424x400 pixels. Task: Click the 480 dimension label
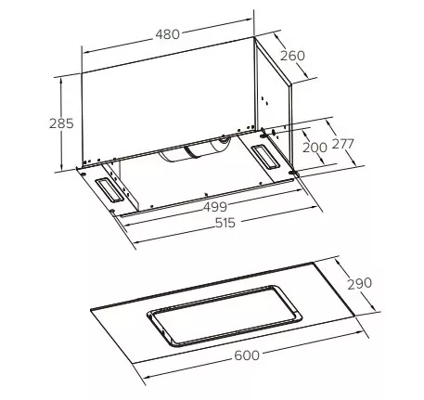pyautogui.click(x=167, y=34)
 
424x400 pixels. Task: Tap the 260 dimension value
pyautogui.click(x=292, y=56)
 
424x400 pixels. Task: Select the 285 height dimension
pyautogui.click(x=61, y=123)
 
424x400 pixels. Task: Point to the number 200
pyautogui.click(x=315, y=148)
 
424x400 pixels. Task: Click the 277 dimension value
pyautogui.click(x=342, y=144)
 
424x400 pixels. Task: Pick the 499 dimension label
pyautogui.click(x=215, y=207)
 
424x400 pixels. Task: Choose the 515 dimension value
pyautogui.click(x=225, y=223)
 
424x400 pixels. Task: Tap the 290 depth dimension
pyautogui.click(x=359, y=284)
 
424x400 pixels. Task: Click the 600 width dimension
pyautogui.click(x=247, y=355)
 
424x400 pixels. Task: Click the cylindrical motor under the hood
pyautogui.click(x=195, y=150)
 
